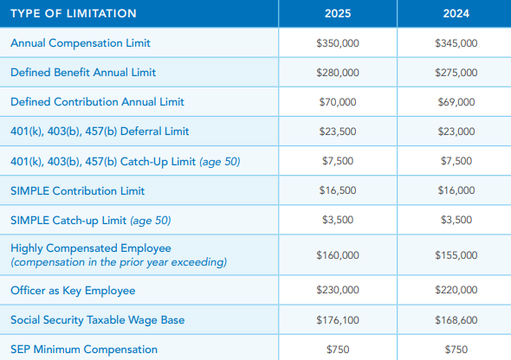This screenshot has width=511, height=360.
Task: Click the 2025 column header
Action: pyautogui.click(x=338, y=13)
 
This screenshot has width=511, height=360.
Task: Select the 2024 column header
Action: pyautogui.click(x=456, y=13)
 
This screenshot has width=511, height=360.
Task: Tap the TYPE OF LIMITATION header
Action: pyautogui.click(x=74, y=13)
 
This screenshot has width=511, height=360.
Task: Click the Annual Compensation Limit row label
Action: pyautogui.click(x=81, y=43)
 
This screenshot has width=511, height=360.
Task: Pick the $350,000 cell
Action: pyautogui.click(x=338, y=43)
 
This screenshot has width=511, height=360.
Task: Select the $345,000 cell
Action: pyautogui.click(x=456, y=43)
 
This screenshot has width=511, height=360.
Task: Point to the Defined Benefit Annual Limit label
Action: pyautogui.click(x=83, y=73)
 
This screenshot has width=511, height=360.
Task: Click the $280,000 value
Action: pyautogui.click(x=338, y=73)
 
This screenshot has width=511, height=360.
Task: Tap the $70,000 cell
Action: pyautogui.click(x=338, y=102)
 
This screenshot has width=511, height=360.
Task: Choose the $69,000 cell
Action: pyautogui.click(x=456, y=102)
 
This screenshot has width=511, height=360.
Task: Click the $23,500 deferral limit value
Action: pyautogui.click(x=338, y=132)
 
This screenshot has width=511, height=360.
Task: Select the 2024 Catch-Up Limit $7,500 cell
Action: pyautogui.click(x=456, y=161)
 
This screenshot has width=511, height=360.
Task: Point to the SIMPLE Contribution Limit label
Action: pyautogui.click(x=78, y=190)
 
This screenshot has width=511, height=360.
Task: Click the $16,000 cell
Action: pyautogui.click(x=456, y=190)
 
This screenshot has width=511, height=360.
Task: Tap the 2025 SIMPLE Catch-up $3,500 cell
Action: pyautogui.click(x=338, y=220)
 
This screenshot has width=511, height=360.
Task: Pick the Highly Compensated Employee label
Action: pyautogui.click(x=91, y=248)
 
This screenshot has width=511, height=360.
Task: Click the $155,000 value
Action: pyautogui.click(x=456, y=255)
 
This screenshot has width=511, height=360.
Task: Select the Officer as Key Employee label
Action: pyautogui.click(x=73, y=291)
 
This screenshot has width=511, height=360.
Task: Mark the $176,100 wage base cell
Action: pyautogui.click(x=338, y=320)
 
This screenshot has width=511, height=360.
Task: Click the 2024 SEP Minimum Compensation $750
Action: pyautogui.click(x=456, y=350)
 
